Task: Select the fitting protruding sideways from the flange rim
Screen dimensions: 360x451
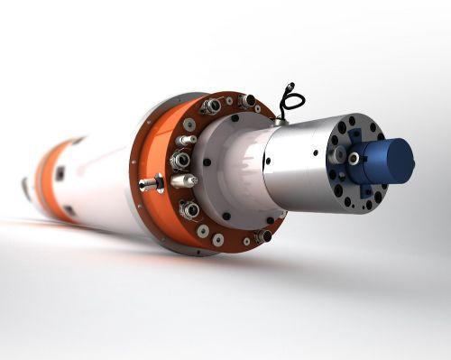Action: (150, 184)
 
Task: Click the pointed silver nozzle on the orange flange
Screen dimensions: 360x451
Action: (183, 181)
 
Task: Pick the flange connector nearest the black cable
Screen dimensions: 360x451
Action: (246, 101)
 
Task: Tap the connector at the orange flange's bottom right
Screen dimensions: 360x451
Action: (262, 235)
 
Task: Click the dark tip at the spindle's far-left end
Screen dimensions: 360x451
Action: (24, 188)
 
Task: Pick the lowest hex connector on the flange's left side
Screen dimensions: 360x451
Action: (189, 210)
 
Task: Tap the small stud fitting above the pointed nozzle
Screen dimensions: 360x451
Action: (185, 141)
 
